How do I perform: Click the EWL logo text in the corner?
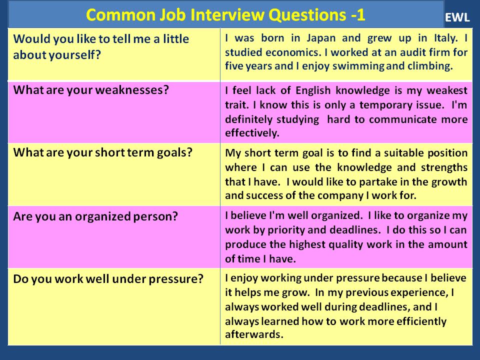click(457, 17)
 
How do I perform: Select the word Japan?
click(321, 38)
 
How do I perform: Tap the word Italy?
click(446, 38)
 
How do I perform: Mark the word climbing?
click(430, 66)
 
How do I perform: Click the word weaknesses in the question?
click(132, 90)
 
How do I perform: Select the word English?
click(313, 90)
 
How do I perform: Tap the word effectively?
click(252, 133)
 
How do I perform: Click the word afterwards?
click(254, 334)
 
